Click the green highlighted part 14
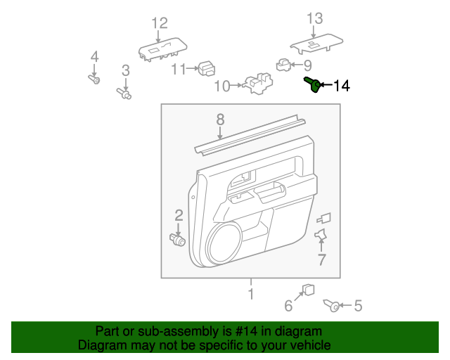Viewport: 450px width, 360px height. (x=314, y=85)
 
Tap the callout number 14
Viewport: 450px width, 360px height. (x=341, y=86)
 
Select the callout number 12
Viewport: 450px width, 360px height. (x=160, y=22)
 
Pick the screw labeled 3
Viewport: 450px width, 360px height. (x=124, y=92)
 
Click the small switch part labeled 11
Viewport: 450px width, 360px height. (x=207, y=68)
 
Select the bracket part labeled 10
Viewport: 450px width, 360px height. (x=257, y=84)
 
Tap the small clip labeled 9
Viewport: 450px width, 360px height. (x=283, y=65)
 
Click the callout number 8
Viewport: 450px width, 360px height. (x=220, y=119)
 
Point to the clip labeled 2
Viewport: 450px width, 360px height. (x=179, y=240)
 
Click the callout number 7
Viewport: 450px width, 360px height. (x=321, y=260)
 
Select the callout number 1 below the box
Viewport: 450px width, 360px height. (x=250, y=292)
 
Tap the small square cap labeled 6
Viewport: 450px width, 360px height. (x=308, y=290)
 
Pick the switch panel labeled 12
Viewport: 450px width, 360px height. (x=161, y=49)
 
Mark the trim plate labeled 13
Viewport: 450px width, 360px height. (x=314, y=44)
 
